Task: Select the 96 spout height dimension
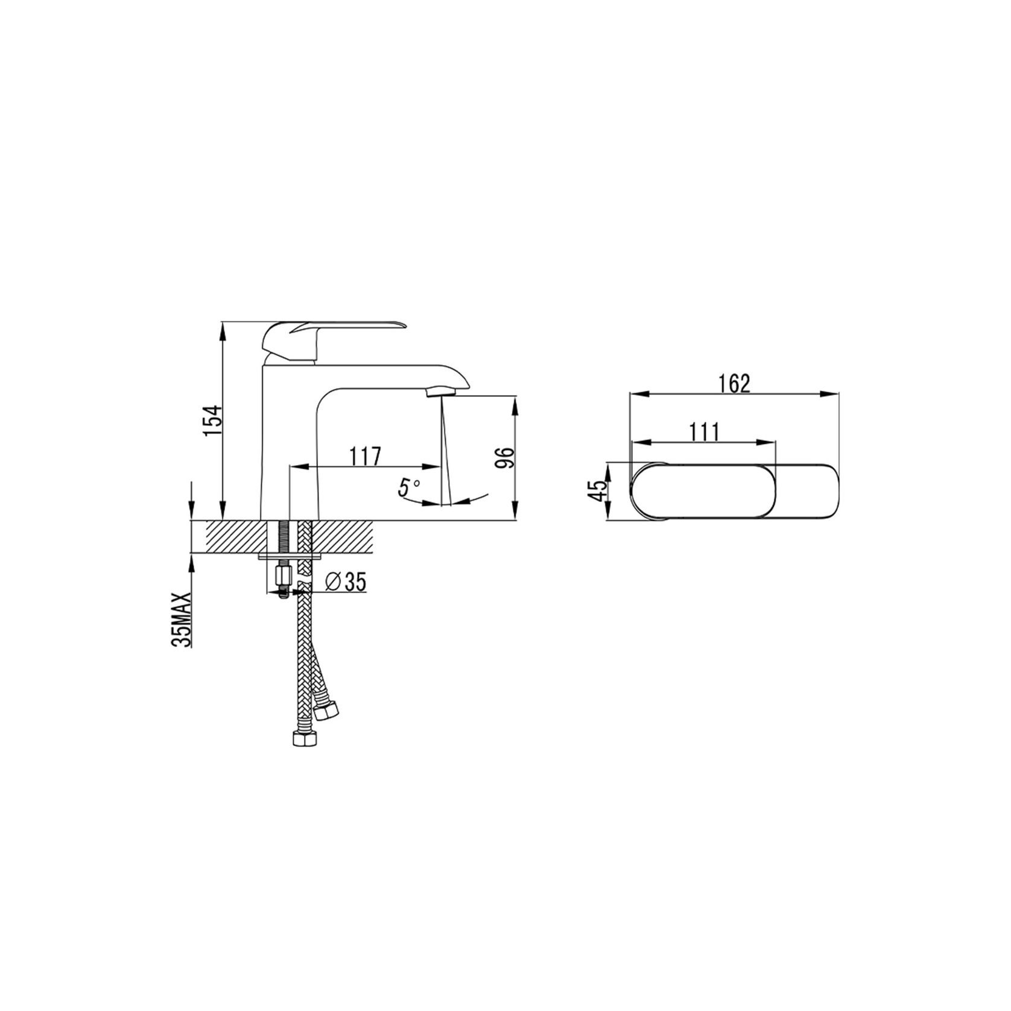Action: tap(504, 458)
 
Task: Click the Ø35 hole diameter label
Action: tap(345, 582)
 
